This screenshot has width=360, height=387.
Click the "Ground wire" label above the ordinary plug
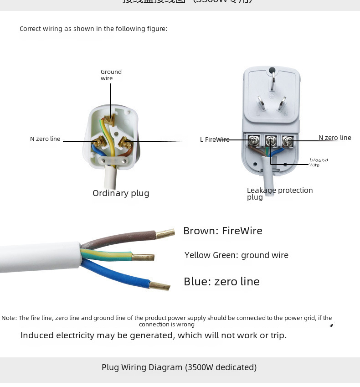click(111, 75)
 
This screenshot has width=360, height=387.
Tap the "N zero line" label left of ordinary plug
click(45, 139)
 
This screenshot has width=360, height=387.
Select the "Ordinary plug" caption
click(121, 193)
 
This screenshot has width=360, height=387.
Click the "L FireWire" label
click(215, 139)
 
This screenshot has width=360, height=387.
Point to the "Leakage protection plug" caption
click(279, 193)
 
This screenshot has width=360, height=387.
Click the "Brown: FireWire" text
click(222, 231)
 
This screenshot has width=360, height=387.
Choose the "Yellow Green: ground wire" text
click(236, 255)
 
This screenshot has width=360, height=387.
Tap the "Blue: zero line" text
click(221, 282)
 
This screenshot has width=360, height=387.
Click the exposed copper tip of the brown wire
click(165, 234)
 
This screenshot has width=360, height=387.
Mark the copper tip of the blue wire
click(159, 286)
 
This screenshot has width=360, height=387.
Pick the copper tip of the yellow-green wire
click(143, 257)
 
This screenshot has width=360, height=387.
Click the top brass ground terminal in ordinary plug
click(108, 119)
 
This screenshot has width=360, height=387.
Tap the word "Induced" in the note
click(37, 335)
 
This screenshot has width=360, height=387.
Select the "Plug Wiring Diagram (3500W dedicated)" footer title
click(179, 367)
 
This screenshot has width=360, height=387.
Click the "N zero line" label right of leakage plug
click(334, 138)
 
